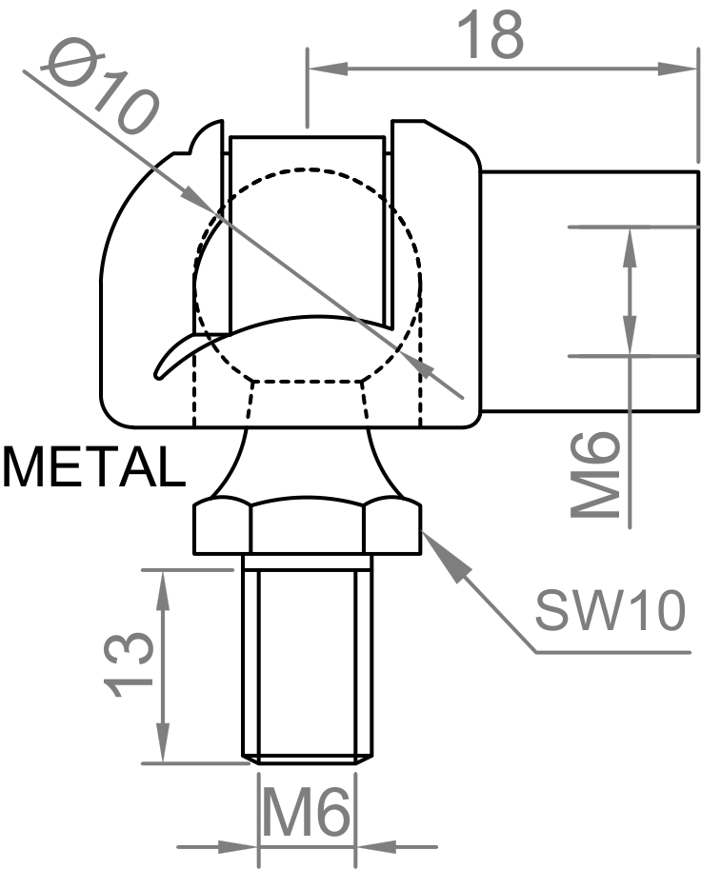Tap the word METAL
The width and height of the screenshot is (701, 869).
pos(91,467)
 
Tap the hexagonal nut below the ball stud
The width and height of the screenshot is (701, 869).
pos(308,528)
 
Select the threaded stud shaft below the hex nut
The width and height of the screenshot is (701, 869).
pos(308,657)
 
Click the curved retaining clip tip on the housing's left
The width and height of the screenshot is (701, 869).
pos(164,365)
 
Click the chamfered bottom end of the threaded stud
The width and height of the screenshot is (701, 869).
pos(308,760)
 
